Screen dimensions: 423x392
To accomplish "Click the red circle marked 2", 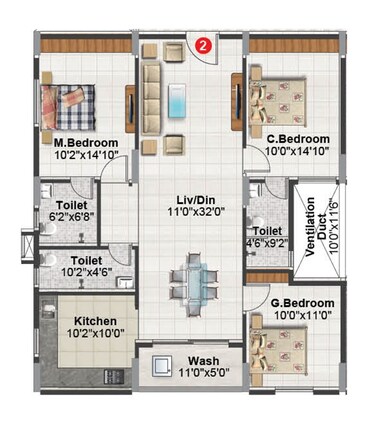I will pos(204,44).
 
